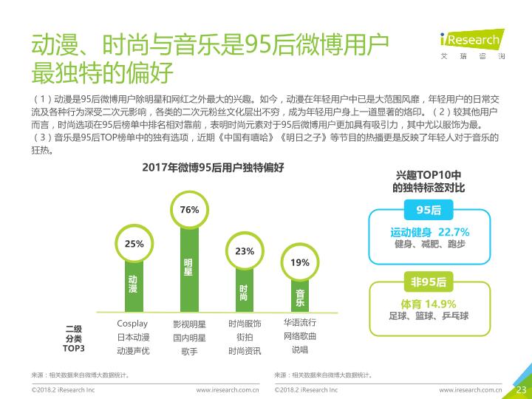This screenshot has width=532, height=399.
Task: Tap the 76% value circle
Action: tap(189, 210)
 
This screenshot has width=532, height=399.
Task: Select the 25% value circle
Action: tap(134, 243)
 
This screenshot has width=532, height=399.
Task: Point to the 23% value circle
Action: tap(245, 251)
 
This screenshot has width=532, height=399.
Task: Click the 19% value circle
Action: tap(300, 262)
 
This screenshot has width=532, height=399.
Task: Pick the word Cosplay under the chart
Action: tap(132, 324)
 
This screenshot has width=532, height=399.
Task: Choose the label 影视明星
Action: tap(189, 324)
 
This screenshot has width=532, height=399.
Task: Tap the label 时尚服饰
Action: tap(245, 324)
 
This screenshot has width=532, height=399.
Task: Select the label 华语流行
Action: tap(299, 323)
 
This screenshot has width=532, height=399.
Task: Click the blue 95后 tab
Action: tap(429, 211)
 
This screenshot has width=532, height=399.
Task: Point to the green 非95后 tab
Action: tap(429, 282)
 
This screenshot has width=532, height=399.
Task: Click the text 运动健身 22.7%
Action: tap(430, 232)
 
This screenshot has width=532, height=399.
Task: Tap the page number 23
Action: tap(519, 389)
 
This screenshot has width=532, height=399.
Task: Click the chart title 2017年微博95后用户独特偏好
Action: tap(213, 168)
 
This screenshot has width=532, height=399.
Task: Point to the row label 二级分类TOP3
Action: tap(74, 338)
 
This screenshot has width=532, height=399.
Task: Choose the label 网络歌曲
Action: tap(299, 336)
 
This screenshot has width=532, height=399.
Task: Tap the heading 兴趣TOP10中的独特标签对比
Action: tap(429, 183)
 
